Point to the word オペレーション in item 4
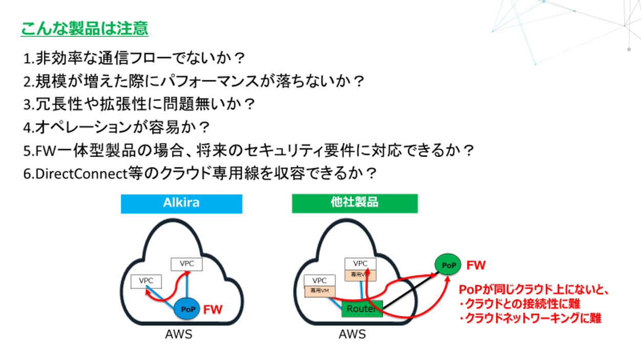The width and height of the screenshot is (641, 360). [87, 127]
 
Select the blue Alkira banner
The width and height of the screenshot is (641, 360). [181, 203]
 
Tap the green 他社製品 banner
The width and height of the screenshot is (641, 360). [355, 203]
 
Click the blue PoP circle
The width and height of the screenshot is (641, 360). [187, 309]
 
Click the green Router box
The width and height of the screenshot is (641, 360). [362, 309]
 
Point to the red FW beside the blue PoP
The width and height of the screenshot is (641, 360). [213, 309]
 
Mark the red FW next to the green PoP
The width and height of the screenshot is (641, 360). [475, 265]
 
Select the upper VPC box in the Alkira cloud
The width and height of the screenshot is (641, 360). [187, 264]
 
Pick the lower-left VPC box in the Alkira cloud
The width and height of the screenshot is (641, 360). [146, 281]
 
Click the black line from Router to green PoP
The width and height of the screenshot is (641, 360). [410, 291]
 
